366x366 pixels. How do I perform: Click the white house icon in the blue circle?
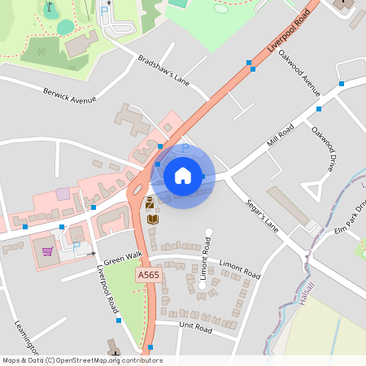coord(183,175)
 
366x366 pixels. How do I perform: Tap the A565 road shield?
coord(149,276)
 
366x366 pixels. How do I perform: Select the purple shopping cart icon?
coord(47,251)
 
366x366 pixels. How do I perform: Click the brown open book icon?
coord(152,218)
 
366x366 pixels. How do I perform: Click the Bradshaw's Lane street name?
coord(163,71)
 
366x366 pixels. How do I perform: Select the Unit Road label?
coord(195,329)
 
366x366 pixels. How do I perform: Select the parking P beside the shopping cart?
coord(77,245)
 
